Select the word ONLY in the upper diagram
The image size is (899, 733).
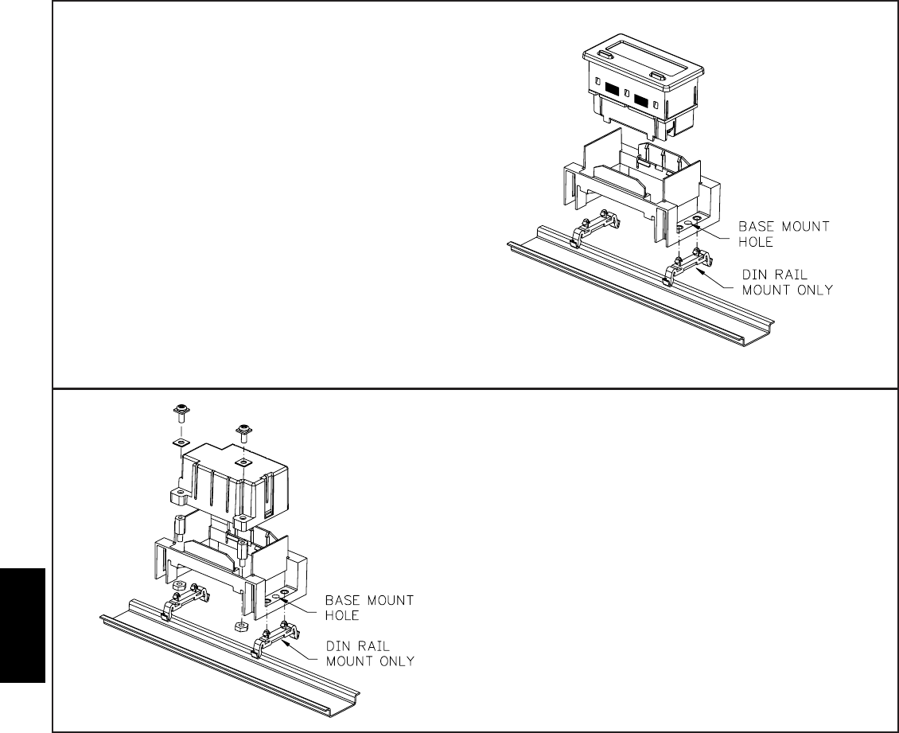[x=811, y=290]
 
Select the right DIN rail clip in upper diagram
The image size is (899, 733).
[x=685, y=267]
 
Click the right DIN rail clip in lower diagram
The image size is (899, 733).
[x=274, y=638]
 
